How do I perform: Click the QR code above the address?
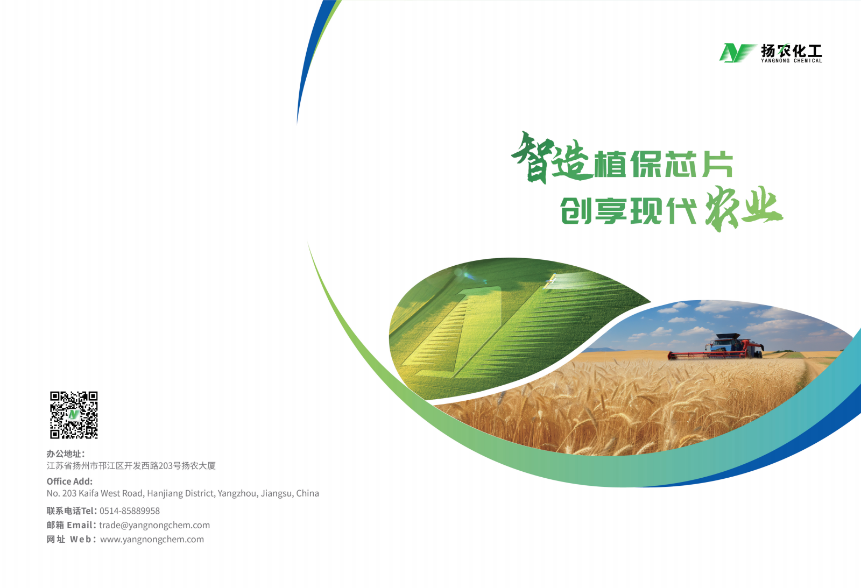74,415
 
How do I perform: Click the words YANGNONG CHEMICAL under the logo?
792,61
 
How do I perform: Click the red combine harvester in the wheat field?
716,347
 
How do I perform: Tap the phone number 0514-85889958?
130,511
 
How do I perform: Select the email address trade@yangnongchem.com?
154,525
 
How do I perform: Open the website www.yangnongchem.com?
152,539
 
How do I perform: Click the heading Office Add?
69,481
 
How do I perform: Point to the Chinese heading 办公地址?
63,454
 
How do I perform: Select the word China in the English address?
307,493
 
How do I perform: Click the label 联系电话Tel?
70,511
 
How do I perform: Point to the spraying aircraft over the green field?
551,280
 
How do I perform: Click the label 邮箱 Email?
69,525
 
